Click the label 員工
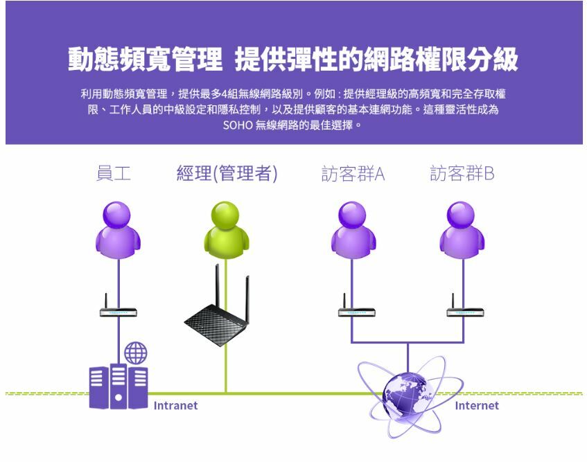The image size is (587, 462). (113, 173)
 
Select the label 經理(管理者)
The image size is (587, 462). (227, 173)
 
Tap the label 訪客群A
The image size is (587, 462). (353, 173)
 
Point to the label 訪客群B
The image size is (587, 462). (462, 173)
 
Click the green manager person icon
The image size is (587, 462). (226, 226)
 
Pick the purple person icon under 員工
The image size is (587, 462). (118, 226)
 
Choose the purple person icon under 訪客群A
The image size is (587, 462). (353, 226)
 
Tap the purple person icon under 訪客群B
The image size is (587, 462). (462, 226)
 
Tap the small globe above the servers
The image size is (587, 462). (136, 353)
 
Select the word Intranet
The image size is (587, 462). (175, 406)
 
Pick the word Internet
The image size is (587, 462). (476, 406)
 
